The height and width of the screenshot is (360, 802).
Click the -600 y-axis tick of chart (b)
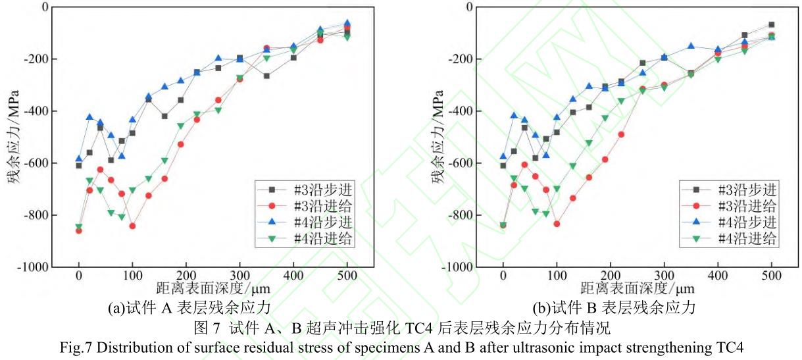coord(461,163)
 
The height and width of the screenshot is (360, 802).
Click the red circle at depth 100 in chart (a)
coord(132,226)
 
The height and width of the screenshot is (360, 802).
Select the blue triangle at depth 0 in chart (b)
coord(503,156)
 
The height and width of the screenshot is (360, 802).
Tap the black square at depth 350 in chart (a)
coord(266,76)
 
